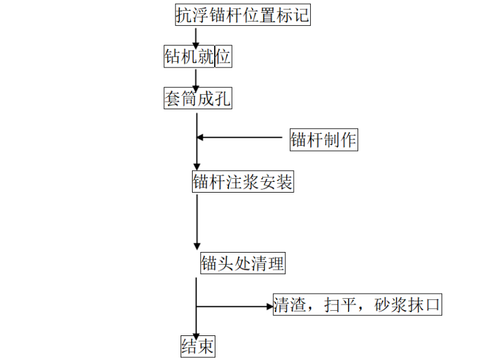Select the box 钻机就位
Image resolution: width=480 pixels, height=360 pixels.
click(197, 57)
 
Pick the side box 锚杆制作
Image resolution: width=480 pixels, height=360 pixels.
click(323, 140)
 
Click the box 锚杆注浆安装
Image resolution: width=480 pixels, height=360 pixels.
click(243, 182)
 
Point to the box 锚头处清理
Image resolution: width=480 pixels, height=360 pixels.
click(243, 263)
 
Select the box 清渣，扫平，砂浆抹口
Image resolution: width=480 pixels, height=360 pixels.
click(357, 306)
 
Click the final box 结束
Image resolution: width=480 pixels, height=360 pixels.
click(198, 347)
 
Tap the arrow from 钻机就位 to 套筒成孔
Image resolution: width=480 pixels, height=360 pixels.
click(196, 78)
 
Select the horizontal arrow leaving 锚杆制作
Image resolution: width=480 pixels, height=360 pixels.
click(240, 137)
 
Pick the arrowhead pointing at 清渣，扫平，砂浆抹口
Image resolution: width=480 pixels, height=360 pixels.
click(267, 306)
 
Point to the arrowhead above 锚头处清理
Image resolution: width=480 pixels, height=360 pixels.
click(196, 246)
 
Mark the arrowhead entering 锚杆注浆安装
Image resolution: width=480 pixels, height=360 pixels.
click(196, 165)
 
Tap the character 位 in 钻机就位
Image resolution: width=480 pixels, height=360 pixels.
click(223, 57)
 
